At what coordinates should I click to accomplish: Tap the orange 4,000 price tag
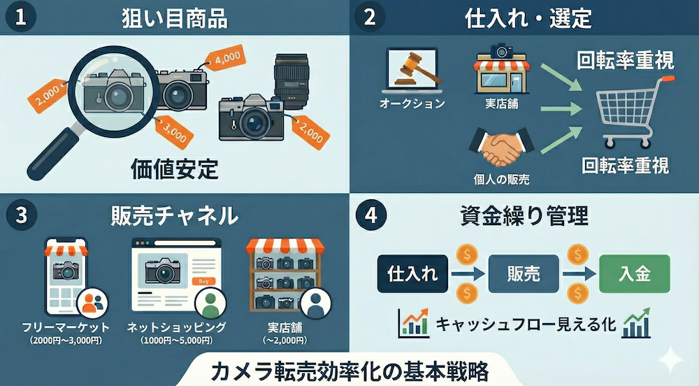(x=225, y=59)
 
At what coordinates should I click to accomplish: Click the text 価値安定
(x=175, y=169)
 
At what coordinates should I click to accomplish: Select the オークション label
(x=412, y=104)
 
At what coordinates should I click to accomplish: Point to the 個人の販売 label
(x=501, y=179)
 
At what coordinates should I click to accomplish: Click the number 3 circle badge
(x=22, y=215)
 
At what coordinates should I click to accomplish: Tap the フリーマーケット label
(x=66, y=327)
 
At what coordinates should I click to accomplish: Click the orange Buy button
(x=203, y=281)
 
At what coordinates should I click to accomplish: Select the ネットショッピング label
(x=177, y=327)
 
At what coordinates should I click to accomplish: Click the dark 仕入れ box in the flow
(x=412, y=273)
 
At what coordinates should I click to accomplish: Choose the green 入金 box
(x=635, y=273)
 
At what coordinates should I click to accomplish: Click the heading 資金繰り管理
(x=524, y=216)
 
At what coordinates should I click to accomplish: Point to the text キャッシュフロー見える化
(x=526, y=324)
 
